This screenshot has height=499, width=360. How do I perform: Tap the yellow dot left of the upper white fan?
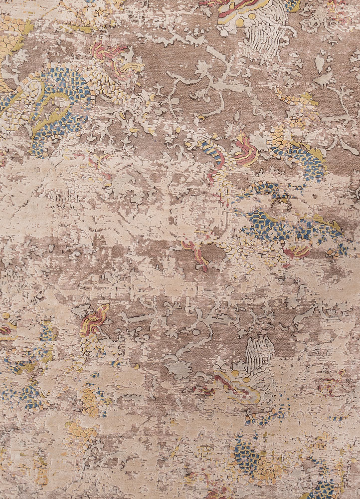click(x=240, y=23)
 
